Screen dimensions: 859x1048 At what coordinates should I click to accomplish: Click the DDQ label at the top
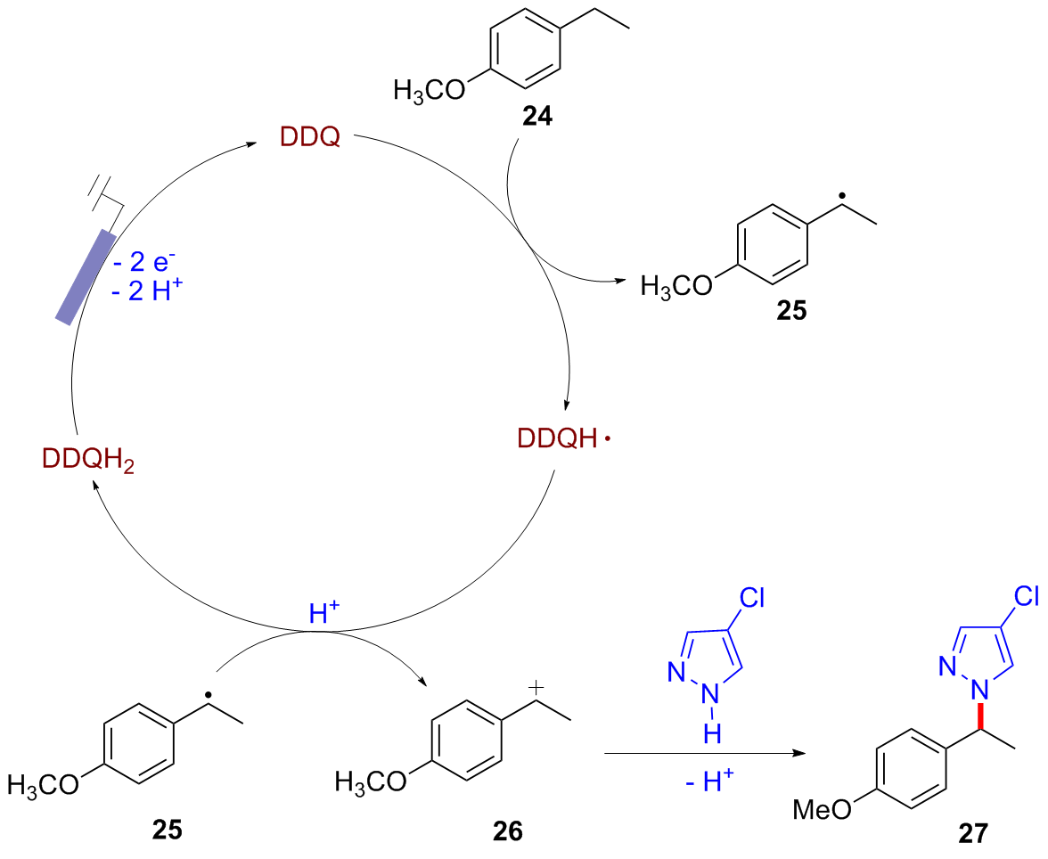(x=310, y=138)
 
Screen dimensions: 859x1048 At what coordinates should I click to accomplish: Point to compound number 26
(x=509, y=830)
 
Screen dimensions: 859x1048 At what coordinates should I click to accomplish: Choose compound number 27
(x=968, y=832)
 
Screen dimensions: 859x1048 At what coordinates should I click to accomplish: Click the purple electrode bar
(x=86, y=275)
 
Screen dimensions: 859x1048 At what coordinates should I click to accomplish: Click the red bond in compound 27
(x=979, y=716)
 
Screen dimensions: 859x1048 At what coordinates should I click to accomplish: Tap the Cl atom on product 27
(x=1024, y=594)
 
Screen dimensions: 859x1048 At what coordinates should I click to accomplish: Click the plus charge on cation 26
(x=535, y=684)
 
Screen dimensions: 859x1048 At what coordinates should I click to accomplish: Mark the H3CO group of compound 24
(x=428, y=93)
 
